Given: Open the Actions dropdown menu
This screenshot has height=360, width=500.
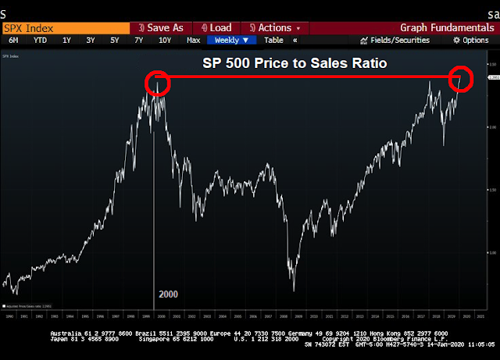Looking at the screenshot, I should coord(273,28).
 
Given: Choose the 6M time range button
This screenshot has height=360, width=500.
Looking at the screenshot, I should coord(14,40).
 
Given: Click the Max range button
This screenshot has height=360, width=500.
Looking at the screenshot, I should coord(194,40).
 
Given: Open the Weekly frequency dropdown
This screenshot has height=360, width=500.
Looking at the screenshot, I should coord(231,40).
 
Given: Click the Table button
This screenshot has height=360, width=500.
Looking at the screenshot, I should coord(273,40).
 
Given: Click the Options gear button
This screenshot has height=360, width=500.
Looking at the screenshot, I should coord(471,40).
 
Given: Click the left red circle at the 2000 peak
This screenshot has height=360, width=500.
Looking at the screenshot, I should coord(158,82).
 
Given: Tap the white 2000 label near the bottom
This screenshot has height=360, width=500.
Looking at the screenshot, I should coord(168,294).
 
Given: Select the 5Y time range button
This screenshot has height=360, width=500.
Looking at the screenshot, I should coord(114,40).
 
